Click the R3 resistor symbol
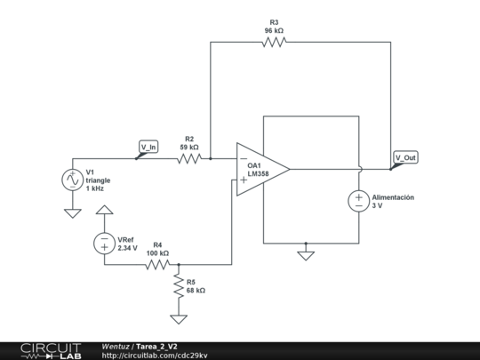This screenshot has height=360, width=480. tap(274, 42)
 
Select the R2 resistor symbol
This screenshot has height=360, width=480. tap(189, 159)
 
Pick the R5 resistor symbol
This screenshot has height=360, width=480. tap(179, 284)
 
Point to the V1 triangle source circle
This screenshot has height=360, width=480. tap(71, 180)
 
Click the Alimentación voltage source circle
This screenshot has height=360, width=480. tap(359, 201)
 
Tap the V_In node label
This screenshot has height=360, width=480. tap(148, 148)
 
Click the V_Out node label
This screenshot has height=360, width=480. tap(404, 157)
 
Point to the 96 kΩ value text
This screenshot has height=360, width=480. tap(274, 30)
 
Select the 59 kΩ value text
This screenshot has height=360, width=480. tap(188, 148)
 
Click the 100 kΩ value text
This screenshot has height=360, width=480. tap(157, 252)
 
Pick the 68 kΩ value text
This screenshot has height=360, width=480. tap(196, 291)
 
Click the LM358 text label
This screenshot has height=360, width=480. tap(258, 174)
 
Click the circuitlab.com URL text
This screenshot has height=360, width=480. tap(155, 355)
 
